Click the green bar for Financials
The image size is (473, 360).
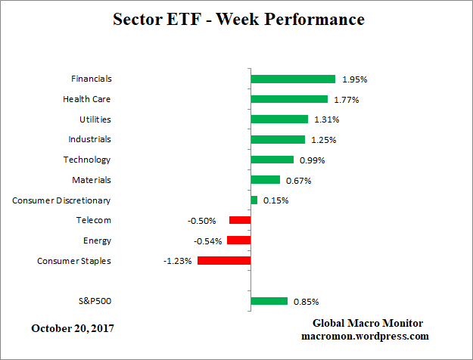[x=292, y=79]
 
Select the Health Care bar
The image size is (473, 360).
[x=288, y=99]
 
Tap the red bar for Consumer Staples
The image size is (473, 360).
[x=224, y=260]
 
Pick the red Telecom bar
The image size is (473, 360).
[x=240, y=220]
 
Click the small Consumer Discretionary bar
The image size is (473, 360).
[x=254, y=200]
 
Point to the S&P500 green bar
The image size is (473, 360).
[x=269, y=301]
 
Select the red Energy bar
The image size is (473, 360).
[x=238, y=241]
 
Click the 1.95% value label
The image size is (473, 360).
[x=354, y=79]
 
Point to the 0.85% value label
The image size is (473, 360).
[x=307, y=302]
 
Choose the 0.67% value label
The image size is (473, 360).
[x=298, y=180]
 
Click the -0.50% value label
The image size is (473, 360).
[x=202, y=221]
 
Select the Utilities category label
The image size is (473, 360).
[x=95, y=119]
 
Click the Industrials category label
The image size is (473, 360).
[x=90, y=139]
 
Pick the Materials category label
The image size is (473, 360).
[x=92, y=180]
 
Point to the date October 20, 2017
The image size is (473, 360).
[x=73, y=328]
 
